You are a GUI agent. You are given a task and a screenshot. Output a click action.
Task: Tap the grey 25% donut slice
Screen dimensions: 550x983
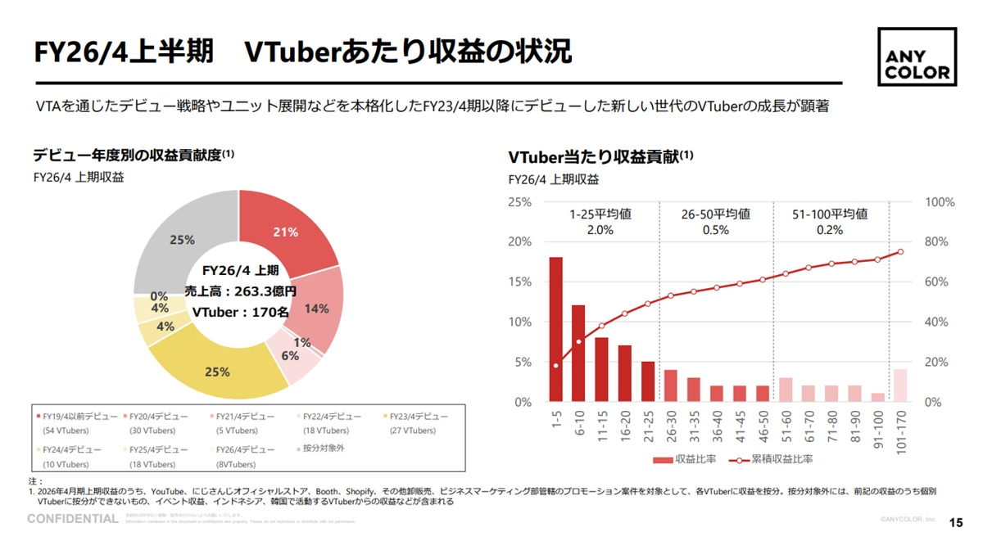[182, 239]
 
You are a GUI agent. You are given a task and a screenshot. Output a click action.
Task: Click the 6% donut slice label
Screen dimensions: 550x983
[290, 356]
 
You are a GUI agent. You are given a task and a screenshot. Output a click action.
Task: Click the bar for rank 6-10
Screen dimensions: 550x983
[578, 353]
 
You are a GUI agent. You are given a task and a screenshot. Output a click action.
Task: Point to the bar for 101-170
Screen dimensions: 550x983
[900, 385]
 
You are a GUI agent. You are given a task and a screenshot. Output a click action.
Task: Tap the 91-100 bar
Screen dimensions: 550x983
[877, 398]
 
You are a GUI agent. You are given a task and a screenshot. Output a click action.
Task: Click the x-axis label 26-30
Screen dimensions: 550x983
[670, 424]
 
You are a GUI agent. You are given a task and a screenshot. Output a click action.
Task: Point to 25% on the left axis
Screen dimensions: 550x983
[519, 202]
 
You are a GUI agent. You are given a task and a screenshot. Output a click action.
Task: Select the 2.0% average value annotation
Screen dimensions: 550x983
[600, 230]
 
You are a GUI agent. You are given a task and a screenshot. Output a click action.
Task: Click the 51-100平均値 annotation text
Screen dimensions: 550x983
[829, 214]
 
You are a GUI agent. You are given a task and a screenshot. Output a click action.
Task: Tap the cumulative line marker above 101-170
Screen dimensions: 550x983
[900, 251]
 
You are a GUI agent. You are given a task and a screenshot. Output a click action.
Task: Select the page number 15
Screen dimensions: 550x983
[955, 522]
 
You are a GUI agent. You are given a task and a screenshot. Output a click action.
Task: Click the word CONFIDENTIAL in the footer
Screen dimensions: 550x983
[73, 519]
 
